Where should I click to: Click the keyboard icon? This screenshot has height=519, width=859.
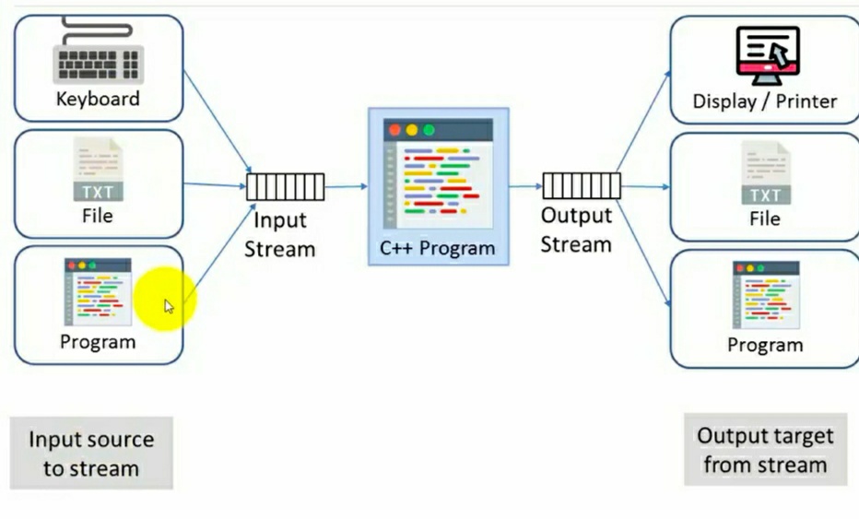point(98,57)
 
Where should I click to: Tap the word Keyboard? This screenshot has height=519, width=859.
point(98,99)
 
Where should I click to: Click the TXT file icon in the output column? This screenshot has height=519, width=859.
point(765,174)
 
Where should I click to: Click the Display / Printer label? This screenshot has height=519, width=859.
point(765,101)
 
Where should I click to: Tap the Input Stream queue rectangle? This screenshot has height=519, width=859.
point(286,187)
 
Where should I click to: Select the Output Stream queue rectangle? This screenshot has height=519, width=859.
point(581,186)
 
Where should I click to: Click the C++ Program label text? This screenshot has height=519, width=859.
point(437,248)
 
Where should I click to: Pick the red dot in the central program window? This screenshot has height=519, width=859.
point(395,131)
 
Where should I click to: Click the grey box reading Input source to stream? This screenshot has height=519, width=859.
point(91,454)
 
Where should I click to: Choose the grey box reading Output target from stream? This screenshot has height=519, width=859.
point(765,450)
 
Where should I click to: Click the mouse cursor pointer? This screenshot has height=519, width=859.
point(169,306)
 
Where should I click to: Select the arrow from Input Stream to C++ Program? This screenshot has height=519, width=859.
point(347,187)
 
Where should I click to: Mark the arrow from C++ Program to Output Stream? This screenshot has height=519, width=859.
point(525,186)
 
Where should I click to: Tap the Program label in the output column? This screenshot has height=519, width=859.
point(765,345)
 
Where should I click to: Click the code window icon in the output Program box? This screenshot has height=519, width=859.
point(765,294)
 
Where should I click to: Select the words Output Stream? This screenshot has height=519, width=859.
point(576,230)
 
